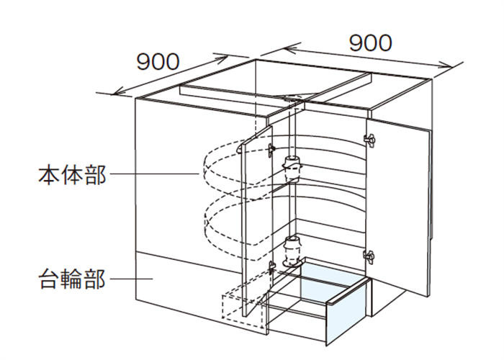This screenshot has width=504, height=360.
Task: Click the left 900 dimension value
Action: click(158, 62)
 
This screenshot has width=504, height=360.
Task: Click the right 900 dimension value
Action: click(371, 43)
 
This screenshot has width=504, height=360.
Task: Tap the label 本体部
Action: click(72, 175)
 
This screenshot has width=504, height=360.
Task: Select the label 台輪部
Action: click(72, 279)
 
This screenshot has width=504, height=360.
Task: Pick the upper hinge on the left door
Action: click(272, 150)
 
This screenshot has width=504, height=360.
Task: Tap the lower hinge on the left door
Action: click(272, 267)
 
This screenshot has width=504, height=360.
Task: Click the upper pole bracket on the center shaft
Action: click(292, 167)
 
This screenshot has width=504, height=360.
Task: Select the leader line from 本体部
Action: click(156, 174)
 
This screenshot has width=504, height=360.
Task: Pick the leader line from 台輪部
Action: click(132, 279)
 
